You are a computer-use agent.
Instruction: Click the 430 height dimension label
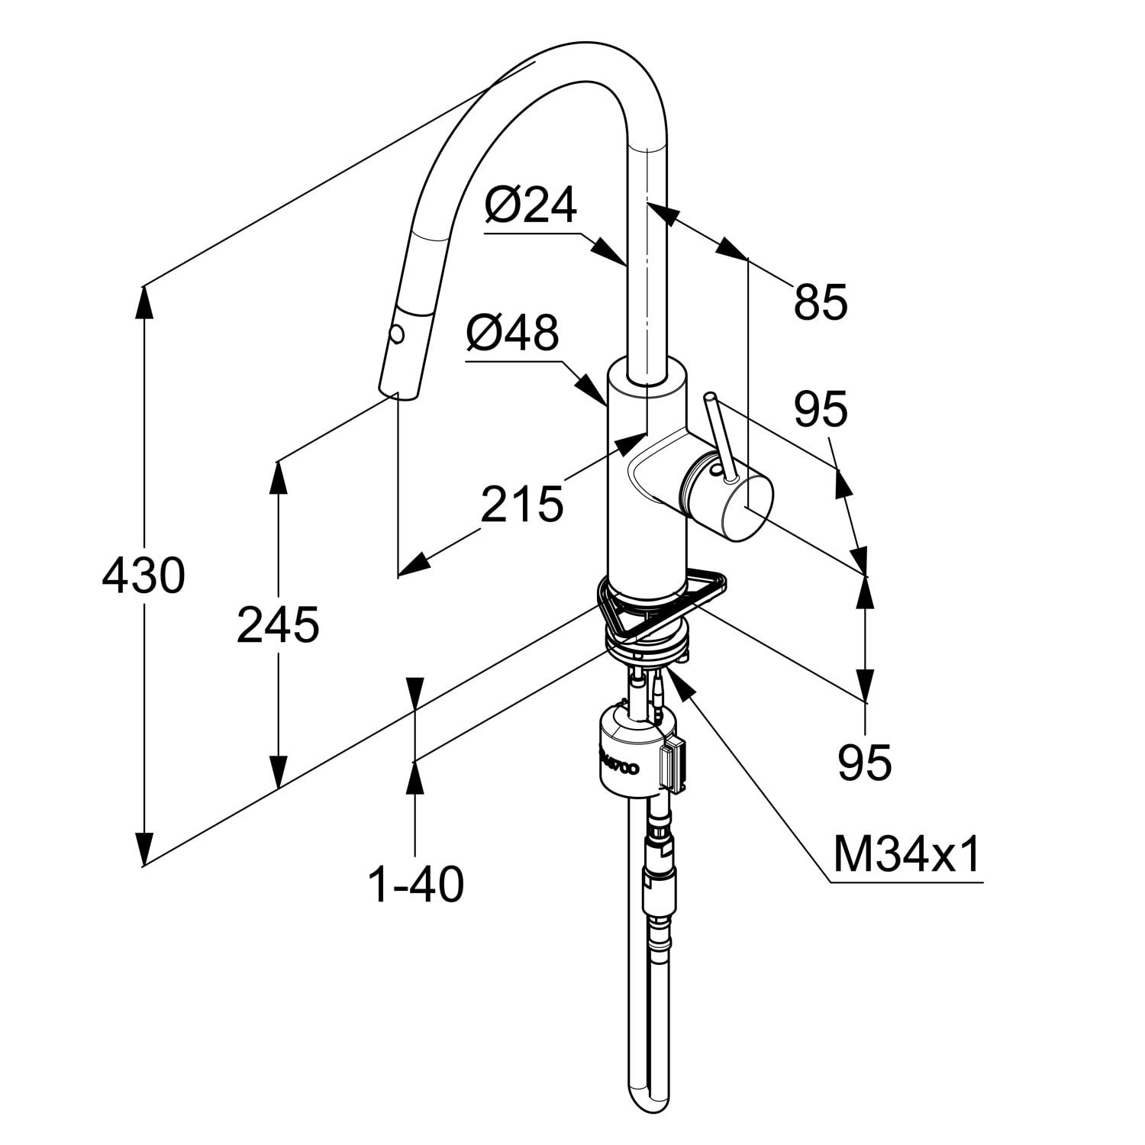(144, 576)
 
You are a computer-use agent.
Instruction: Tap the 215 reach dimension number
(522, 504)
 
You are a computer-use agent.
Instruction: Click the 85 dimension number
(821, 302)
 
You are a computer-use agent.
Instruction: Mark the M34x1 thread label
(907, 855)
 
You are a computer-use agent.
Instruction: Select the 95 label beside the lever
(821, 409)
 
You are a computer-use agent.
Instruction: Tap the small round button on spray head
(396, 334)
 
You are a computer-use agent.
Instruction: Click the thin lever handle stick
(721, 438)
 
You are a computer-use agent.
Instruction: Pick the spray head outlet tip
(398, 392)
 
